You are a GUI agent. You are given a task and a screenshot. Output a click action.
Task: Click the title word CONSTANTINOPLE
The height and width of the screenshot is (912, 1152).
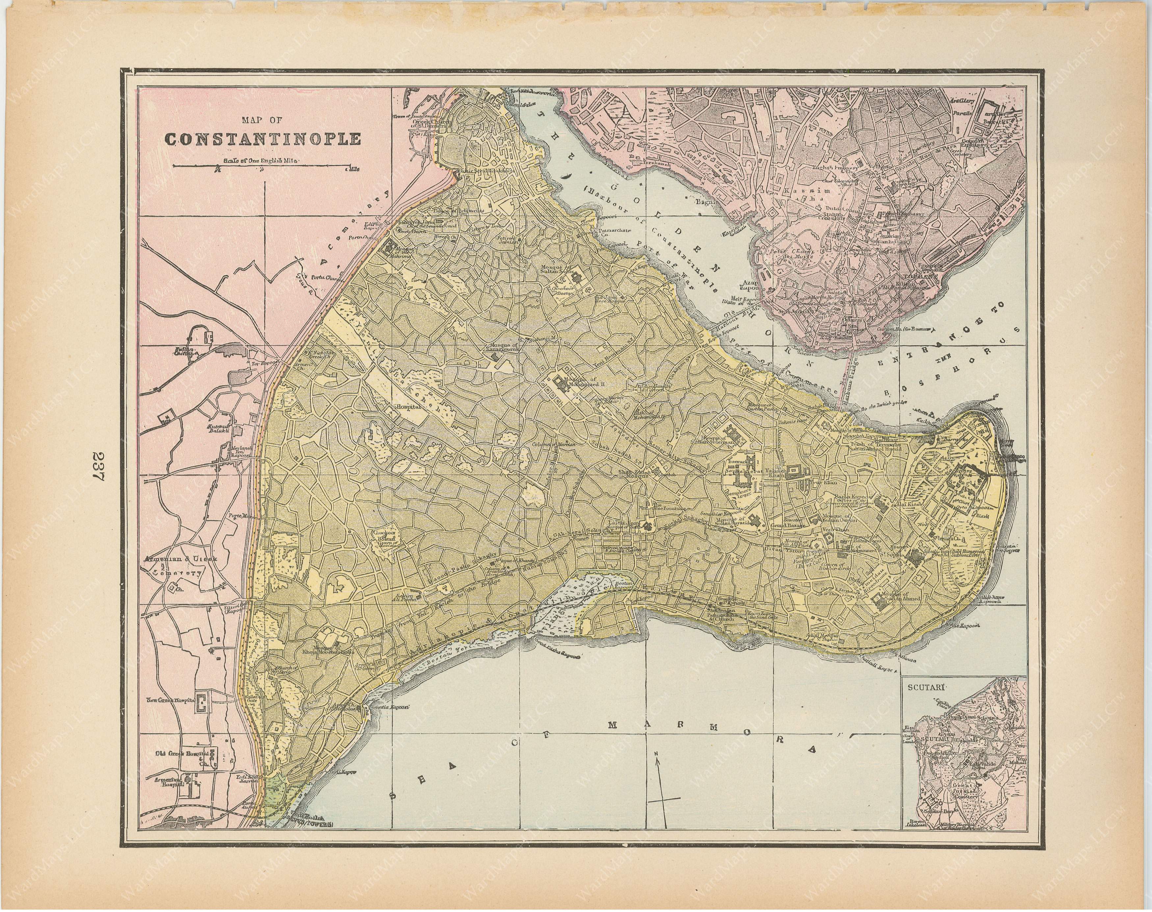(263, 139)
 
